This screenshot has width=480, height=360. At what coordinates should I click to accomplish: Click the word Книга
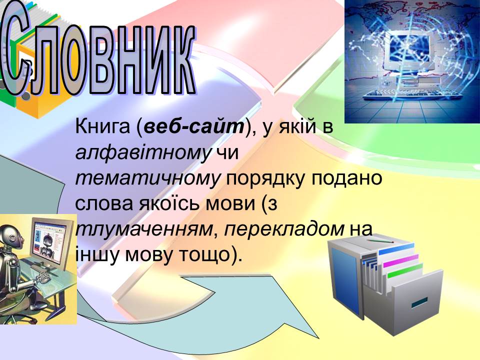103,126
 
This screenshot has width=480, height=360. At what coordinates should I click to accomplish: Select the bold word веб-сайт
194,126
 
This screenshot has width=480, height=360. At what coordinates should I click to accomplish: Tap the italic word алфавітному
143,152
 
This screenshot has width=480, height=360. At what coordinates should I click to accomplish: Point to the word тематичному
148,178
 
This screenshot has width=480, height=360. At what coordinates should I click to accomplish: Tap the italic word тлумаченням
144,229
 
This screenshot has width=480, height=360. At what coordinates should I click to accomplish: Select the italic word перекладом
284,229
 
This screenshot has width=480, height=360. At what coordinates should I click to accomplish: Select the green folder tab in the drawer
404,270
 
